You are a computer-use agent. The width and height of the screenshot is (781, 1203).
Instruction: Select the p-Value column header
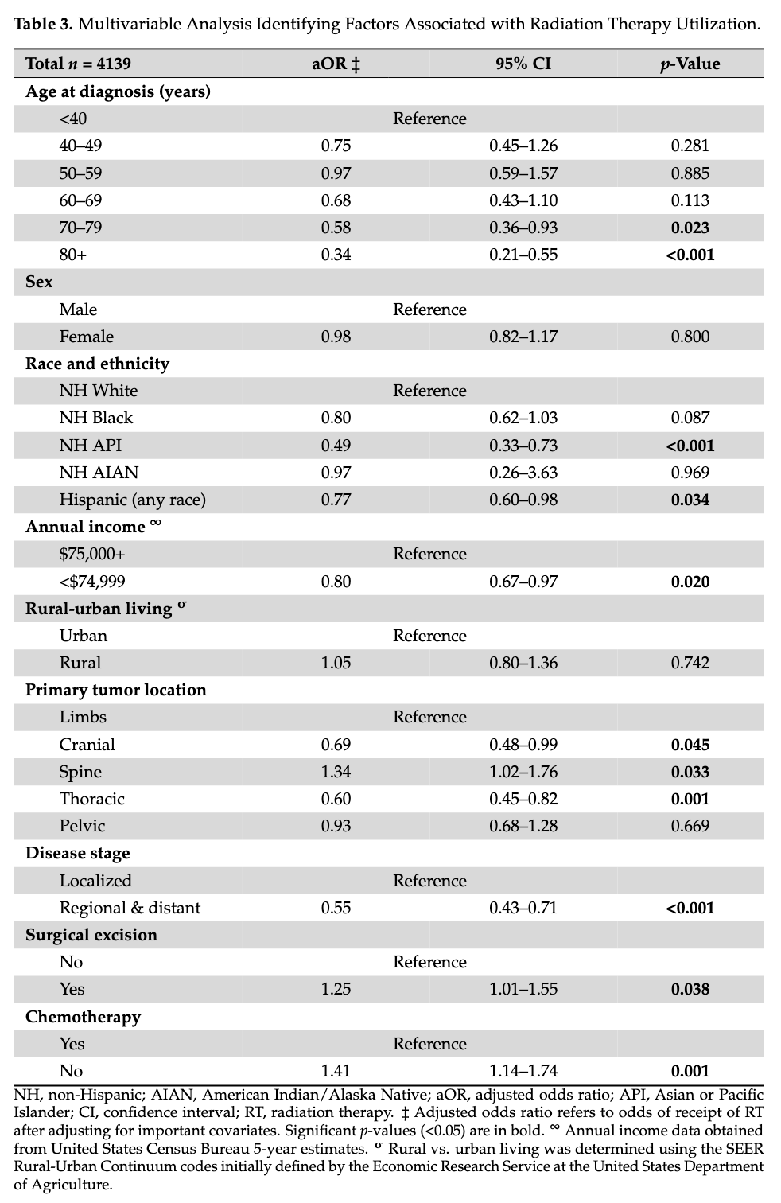tap(690, 64)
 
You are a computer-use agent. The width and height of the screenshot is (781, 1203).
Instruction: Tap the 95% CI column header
tap(523, 64)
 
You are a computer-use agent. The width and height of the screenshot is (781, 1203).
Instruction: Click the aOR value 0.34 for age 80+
tap(336, 255)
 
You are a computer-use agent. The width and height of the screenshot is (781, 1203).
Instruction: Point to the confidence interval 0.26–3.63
tap(523, 473)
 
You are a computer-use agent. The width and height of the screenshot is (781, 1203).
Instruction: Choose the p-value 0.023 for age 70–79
tap(690, 228)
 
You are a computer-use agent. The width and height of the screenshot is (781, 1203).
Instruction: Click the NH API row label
tap(90, 446)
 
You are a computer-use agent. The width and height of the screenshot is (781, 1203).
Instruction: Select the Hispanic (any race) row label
tap(132, 500)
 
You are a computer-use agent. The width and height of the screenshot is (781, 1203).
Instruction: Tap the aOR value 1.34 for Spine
tap(336, 772)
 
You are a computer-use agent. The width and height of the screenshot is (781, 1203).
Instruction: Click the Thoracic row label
tap(91, 799)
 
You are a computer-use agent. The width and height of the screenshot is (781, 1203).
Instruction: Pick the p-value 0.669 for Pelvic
tap(690, 826)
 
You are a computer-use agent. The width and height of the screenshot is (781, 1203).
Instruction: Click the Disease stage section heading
tap(77, 853)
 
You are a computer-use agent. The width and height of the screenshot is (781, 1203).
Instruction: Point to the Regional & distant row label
tap(130, 908)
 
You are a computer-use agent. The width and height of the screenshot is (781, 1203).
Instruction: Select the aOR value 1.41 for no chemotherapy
tap(336, 1071)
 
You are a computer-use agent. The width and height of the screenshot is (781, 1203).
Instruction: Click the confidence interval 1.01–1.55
tap(523, 989)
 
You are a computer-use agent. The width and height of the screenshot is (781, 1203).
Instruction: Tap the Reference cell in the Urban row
tap(429, 636)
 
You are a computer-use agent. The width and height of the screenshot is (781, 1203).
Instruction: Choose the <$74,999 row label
tap(91, 582)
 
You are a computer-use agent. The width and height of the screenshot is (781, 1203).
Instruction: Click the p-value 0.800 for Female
tap(690, 337)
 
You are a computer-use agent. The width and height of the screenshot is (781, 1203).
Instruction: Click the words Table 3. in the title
tap(44, 24)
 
